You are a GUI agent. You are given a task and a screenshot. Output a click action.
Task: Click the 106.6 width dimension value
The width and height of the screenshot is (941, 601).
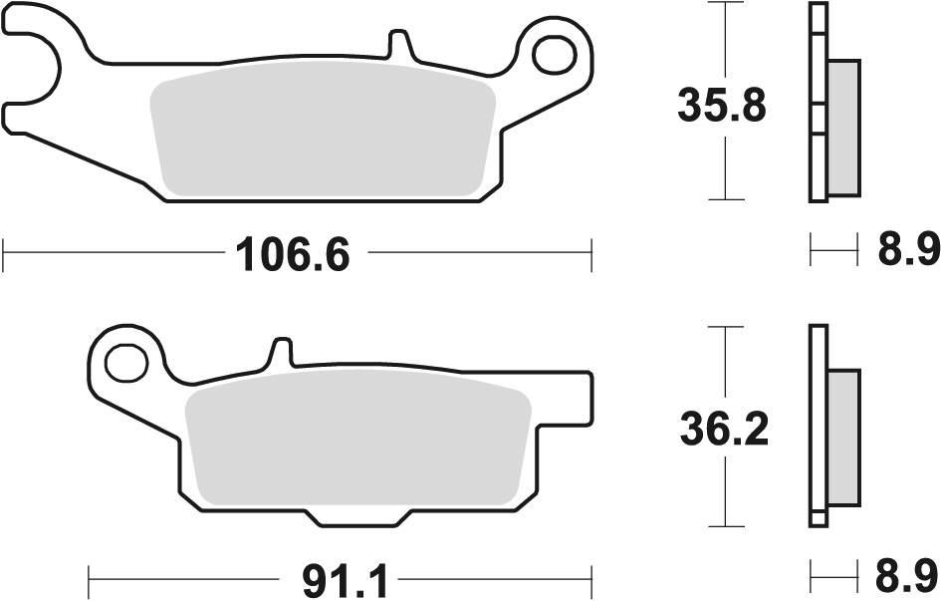pyautogui.click(x=293, y=255)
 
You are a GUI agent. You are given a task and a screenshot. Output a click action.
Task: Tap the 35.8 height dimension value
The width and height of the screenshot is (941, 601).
pyautogui.click(x=721, y=105)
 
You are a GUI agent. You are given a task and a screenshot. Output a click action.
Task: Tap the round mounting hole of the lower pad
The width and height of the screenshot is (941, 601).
pyautogui.click(x=123, y=361)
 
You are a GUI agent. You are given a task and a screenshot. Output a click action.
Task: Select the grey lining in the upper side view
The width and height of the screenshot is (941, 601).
pyautogui.click(x=842, y=127)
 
